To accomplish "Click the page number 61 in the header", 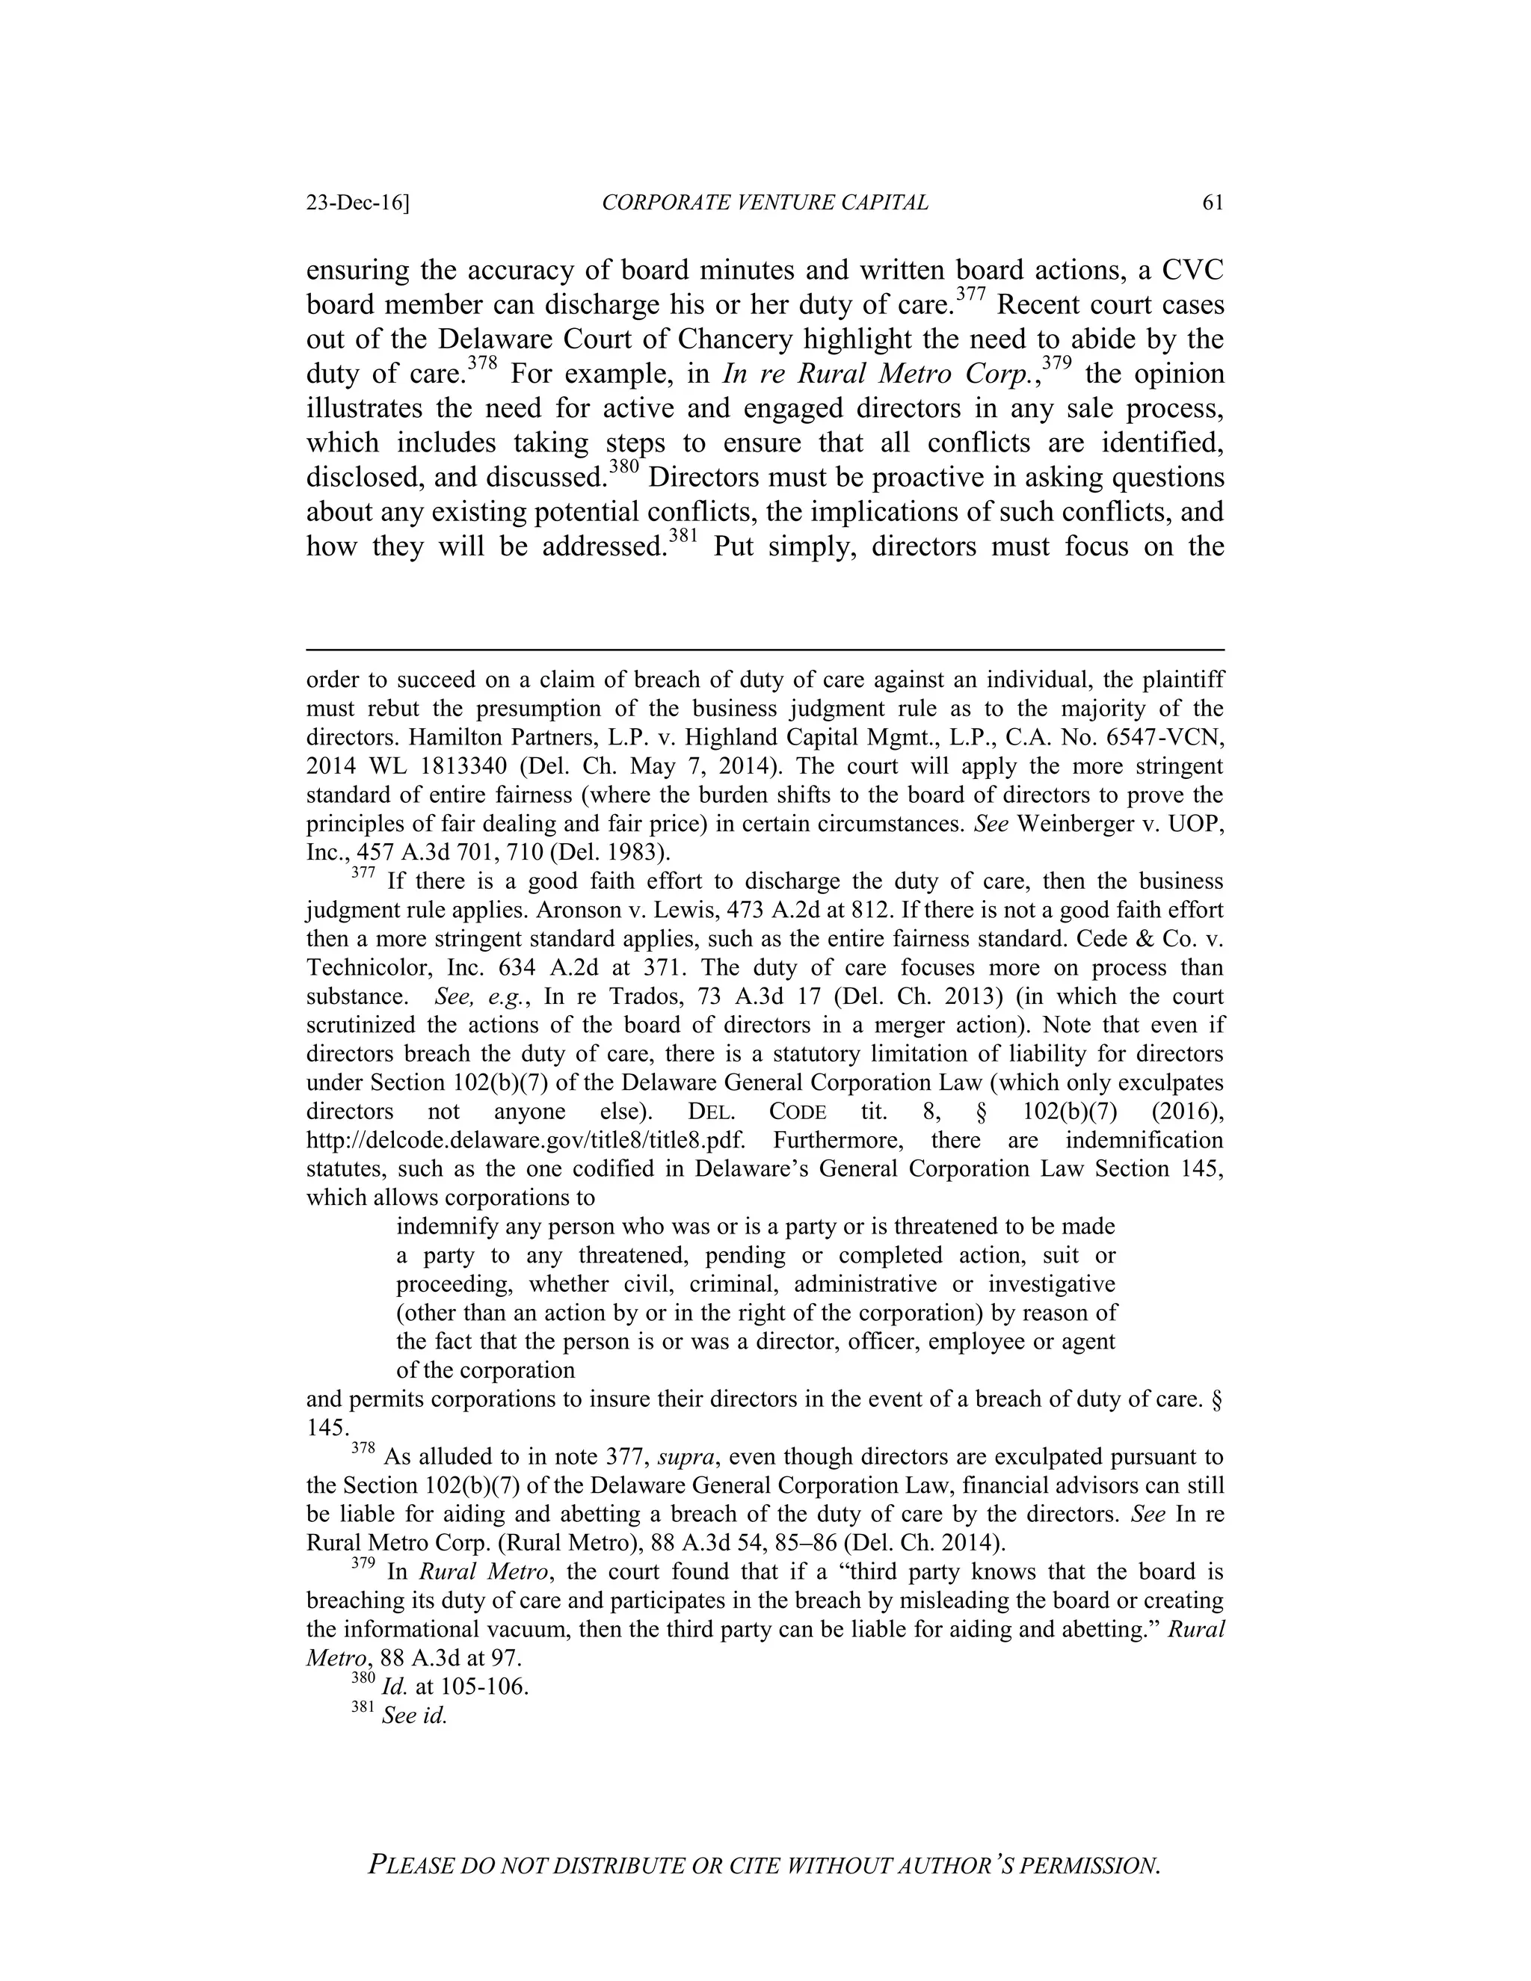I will (x=1213, y=203).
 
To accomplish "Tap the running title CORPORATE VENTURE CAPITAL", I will (x=765, y=203).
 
